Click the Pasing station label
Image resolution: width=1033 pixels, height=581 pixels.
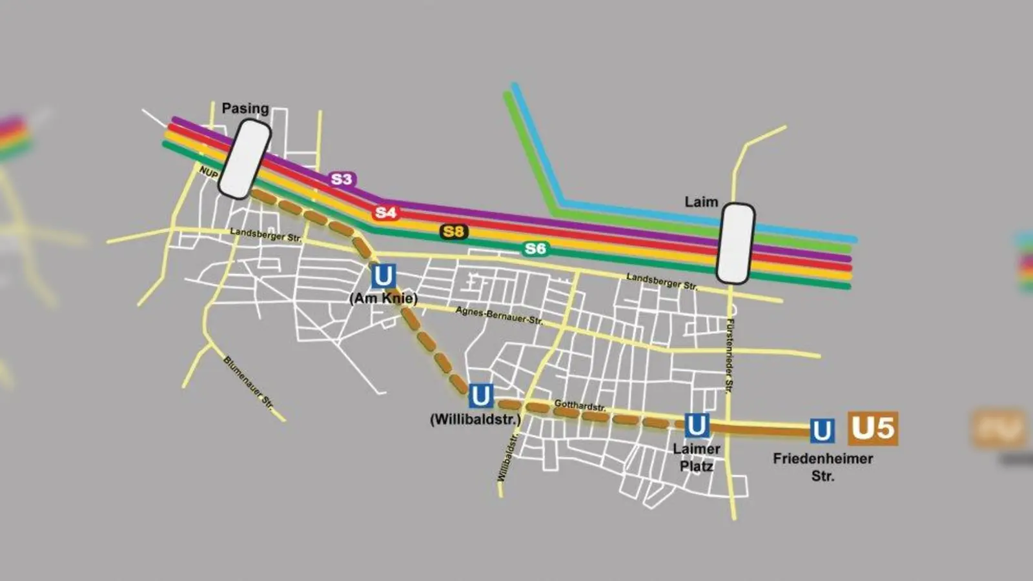click(245, 108)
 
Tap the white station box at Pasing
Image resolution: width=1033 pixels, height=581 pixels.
click(244, 159)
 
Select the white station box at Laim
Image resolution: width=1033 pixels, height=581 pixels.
click(735, 243)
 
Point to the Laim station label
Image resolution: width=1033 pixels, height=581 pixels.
click(701, 202)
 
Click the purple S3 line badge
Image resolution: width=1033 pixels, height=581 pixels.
click(342, 179)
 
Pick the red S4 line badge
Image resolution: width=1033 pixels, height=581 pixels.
click(385, 212)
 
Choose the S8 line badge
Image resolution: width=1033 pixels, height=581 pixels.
click(454, 231)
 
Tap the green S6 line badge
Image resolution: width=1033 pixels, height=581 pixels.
click(535, 249)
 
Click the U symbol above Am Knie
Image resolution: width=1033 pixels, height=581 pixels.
click(383, 276)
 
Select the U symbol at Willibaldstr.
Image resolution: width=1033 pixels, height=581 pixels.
click(480, 396)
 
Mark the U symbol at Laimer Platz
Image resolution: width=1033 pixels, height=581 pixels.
click(696, 426)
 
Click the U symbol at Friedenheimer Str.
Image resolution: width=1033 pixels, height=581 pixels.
click(821, 431)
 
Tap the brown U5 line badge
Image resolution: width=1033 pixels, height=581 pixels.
click(872, 429)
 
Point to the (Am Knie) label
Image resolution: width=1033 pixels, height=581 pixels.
click(384, 298)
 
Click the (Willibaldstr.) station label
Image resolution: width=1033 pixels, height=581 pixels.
click(475, 419)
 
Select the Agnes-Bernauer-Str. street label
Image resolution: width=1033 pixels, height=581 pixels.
click(499, 316)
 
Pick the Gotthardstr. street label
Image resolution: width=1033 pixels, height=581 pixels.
click(580, 406)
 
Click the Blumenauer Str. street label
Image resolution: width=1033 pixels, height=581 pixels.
click(249, 383)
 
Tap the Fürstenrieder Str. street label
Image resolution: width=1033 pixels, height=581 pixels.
click(730, 356)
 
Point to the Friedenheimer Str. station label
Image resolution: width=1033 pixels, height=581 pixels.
click(823, 467)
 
